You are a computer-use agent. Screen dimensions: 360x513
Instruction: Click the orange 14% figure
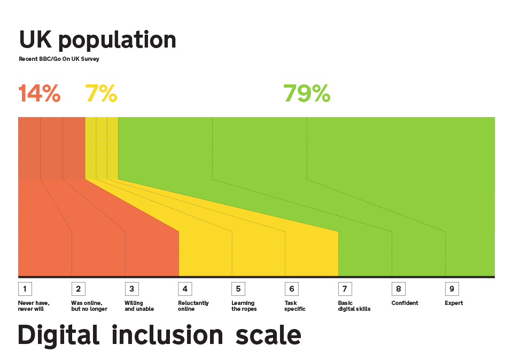[x=40, y=93]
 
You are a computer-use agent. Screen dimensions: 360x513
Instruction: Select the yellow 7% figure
[x=101, y=93]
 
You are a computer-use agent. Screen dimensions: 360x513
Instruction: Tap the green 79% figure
[x=307, y=93]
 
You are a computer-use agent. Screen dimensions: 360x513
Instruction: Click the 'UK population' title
[x=97, y=41]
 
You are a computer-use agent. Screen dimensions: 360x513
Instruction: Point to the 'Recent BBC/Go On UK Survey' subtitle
[x=59, y=59]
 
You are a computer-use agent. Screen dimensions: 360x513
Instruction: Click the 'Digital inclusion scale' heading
[x=159, y=335]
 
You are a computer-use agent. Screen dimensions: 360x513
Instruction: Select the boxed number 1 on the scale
[x=25, y=289]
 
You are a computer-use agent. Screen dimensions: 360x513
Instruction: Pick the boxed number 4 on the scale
[x=185, y=289]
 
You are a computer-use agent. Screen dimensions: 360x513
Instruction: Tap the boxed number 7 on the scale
[x=345, y=289]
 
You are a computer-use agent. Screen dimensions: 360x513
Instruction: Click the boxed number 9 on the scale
[x=452, y=289]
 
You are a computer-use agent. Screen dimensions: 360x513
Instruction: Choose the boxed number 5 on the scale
[x=238, y=289]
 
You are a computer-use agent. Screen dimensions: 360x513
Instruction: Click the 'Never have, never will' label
[x=34, y=306]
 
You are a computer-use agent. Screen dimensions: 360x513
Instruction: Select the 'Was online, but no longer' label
[x=89, y=306]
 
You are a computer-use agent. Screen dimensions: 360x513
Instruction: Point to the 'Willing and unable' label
[x=139, y=306]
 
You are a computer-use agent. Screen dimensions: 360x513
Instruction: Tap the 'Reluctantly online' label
[x=193, y=306]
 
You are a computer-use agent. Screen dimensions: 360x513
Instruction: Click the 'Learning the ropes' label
[x=244, y=306]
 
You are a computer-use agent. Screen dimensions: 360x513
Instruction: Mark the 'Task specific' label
[x=295, y=306]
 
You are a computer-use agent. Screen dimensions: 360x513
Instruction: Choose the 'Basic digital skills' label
[x=354, y=306]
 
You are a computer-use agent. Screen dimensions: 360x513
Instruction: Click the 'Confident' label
[x=405, y=303]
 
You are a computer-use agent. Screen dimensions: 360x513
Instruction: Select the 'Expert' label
[x=454, y=303]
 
